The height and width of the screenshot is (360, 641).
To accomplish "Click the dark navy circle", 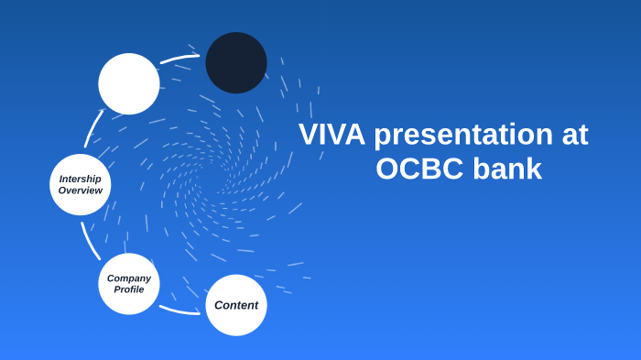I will pos(236,62).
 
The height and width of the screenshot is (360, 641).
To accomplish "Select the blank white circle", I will pos(129,84).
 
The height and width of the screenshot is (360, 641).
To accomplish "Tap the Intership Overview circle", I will pos(81,184).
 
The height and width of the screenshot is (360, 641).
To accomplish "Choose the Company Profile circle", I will pos(129,284).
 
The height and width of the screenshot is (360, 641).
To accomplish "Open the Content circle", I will pos(236,305).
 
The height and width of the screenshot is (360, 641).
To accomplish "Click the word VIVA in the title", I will pos(331,135).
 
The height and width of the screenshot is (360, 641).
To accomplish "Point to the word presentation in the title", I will pos(462,135).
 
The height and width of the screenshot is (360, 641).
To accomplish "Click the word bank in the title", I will pos(507,169).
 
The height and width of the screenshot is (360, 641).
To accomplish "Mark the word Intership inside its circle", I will pos(81,179).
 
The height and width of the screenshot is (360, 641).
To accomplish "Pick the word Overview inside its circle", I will pos(81,191).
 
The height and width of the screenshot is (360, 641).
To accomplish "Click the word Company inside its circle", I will pos(129,278).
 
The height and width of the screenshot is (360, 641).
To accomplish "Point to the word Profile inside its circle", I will pos(129,289).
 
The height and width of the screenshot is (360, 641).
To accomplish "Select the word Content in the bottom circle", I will pos(236,305).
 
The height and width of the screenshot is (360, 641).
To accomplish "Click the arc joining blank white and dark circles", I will pos(179,59).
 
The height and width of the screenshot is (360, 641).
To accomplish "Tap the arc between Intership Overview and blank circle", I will pos(94,128).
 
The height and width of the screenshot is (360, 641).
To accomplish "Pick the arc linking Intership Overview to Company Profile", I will pos(89,240).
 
